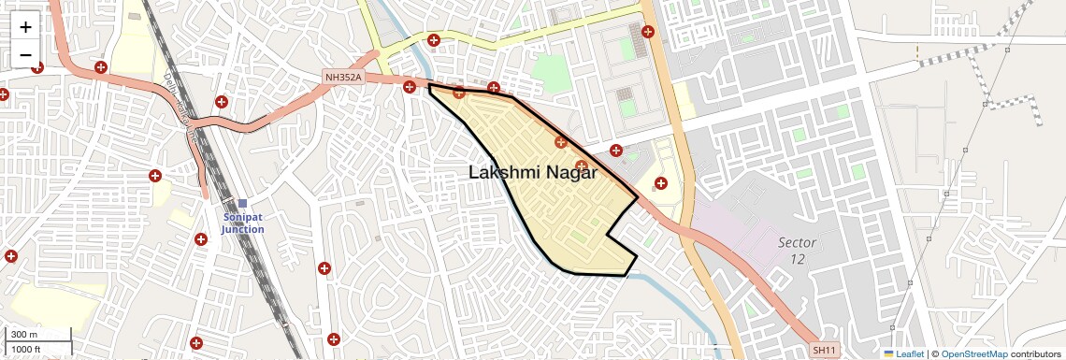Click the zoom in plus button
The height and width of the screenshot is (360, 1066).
[25, 26]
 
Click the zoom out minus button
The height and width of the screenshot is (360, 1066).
[25, 55]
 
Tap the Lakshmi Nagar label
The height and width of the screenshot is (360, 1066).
[532, 173]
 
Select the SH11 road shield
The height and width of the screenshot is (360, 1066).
[824, 350]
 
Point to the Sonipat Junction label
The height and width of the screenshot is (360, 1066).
[242, 223]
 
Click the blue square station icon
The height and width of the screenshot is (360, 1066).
[242, 204]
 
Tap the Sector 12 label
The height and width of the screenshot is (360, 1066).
[798, 250]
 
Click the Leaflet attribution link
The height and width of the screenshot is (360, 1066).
[910, 353]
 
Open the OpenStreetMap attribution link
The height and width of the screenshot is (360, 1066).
[974, 353]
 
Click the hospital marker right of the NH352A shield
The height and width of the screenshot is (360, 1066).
[410, 87]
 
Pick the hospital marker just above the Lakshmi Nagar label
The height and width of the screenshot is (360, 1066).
[561, 142]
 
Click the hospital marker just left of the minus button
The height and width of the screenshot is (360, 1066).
[3, 94]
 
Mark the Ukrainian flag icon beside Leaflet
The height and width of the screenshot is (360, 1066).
[888, 353]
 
